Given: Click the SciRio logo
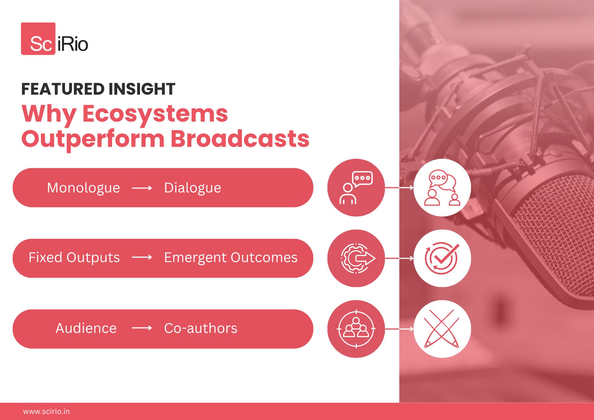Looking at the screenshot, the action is [x=55, y=39].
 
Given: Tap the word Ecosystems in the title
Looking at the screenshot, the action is [x=155, y=114].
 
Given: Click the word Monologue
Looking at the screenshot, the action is [x=84, y=188].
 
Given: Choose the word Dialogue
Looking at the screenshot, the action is [x=193, y=188].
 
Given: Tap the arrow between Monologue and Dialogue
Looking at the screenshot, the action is [x=142, y=188].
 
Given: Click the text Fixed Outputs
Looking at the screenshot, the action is [x=74, y=258].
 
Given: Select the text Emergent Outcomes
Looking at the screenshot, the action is [x=231, y=258].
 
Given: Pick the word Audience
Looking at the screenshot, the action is [x=86, y=328].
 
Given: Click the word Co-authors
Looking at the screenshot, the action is [x=201, y=328].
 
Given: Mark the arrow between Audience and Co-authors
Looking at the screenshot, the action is [x=142, y=328].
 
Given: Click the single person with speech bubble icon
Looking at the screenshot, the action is [x=356, y=188].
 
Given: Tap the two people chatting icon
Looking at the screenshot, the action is [x=442, y=188].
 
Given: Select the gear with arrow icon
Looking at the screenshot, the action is [x=358, y=258].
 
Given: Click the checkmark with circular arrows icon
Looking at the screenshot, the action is [x=442, y=258].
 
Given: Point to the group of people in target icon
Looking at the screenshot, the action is [x=356, y=329].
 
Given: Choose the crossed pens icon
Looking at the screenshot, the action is [x=442, y=329].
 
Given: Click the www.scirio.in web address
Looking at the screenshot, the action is [x=46, y=412].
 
